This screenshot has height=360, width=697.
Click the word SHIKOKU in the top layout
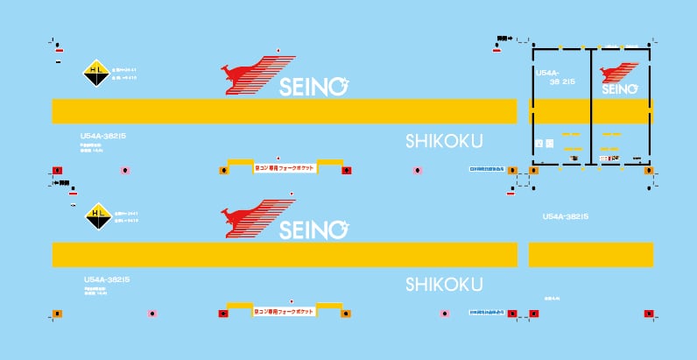[444, 141]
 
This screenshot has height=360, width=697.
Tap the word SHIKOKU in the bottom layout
[444, 285]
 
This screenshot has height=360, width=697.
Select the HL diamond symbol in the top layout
[95, 74]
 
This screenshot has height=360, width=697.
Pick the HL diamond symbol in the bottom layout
[95, 215]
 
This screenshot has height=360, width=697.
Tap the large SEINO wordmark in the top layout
[313, 86]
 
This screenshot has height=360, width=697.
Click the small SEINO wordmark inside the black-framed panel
[620, 88]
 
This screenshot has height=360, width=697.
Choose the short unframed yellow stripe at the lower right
[591, 254]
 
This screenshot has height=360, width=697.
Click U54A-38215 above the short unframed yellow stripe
[570, 216]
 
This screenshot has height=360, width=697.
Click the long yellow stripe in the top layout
[284, 111]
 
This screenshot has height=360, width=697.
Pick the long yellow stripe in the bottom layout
[284, 254]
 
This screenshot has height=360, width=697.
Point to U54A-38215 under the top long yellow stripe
[105, 136]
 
